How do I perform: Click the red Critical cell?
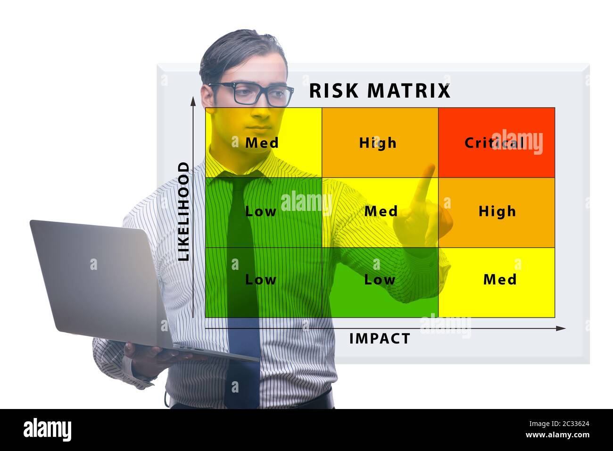click(x=496, y=142)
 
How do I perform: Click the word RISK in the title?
click(x=334, y=91)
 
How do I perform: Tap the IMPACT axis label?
click(x=380, y=338)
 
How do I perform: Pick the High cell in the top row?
click(x=378, y=142)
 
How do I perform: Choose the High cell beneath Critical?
click(x=497, y=211)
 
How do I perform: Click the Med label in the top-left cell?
click(x=262, y=142)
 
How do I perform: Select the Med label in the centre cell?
click(x=381, y=211)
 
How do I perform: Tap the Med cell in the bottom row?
click(x=499, y=280)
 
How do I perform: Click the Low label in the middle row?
click(x=261, y=211)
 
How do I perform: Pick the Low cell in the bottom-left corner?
click(x=261, y=280)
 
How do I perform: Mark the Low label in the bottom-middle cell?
click(x=380, y=280)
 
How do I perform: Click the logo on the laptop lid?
click(x=93, y=264)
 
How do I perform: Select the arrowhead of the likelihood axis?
click(x=192, y=101)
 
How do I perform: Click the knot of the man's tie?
click(x=243, y=182)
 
